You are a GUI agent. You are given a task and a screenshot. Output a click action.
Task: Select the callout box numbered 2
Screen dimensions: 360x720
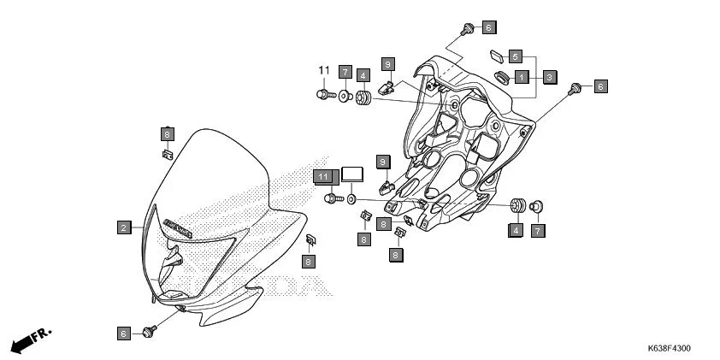[x=125, y=227]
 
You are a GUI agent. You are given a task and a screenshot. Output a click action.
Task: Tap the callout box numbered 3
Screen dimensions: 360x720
[x=550, y=77]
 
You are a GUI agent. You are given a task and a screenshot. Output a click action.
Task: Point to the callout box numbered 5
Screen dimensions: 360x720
[x=515, y=56]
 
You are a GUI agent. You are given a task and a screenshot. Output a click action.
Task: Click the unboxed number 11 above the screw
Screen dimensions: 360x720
[x=324, y=70]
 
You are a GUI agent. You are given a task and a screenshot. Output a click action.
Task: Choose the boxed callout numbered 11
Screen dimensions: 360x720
[x=322, y=176]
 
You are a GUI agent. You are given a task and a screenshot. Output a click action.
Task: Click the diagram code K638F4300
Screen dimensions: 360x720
[x=669, y=349]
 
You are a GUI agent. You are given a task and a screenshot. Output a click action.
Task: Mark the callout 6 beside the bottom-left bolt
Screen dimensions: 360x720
[x=125, y=333]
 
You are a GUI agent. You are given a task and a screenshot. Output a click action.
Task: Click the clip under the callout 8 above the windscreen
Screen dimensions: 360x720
[x=167, y=155]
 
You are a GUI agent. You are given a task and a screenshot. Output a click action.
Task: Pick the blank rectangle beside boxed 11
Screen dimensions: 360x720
[x=352, y=174]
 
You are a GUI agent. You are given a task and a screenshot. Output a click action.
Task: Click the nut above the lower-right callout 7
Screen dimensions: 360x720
[x=537, y=205]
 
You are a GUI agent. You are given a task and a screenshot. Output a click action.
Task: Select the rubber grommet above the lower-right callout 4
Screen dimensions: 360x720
[x=516, y=207]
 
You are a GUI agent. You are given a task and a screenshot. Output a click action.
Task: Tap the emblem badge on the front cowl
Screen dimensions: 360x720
[x=177, y=227]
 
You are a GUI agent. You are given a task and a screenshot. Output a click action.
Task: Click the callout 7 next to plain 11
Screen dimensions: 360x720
[x=345, y=72]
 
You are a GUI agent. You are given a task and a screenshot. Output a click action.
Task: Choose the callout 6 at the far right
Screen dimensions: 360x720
[x=600, y=86]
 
